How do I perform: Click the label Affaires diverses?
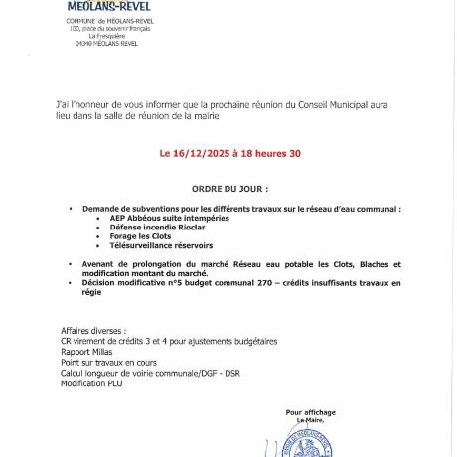click(92, 331)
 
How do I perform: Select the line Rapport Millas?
click(86, 351)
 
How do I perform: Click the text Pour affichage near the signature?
click(310, 411)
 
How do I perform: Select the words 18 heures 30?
click(264, 154)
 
